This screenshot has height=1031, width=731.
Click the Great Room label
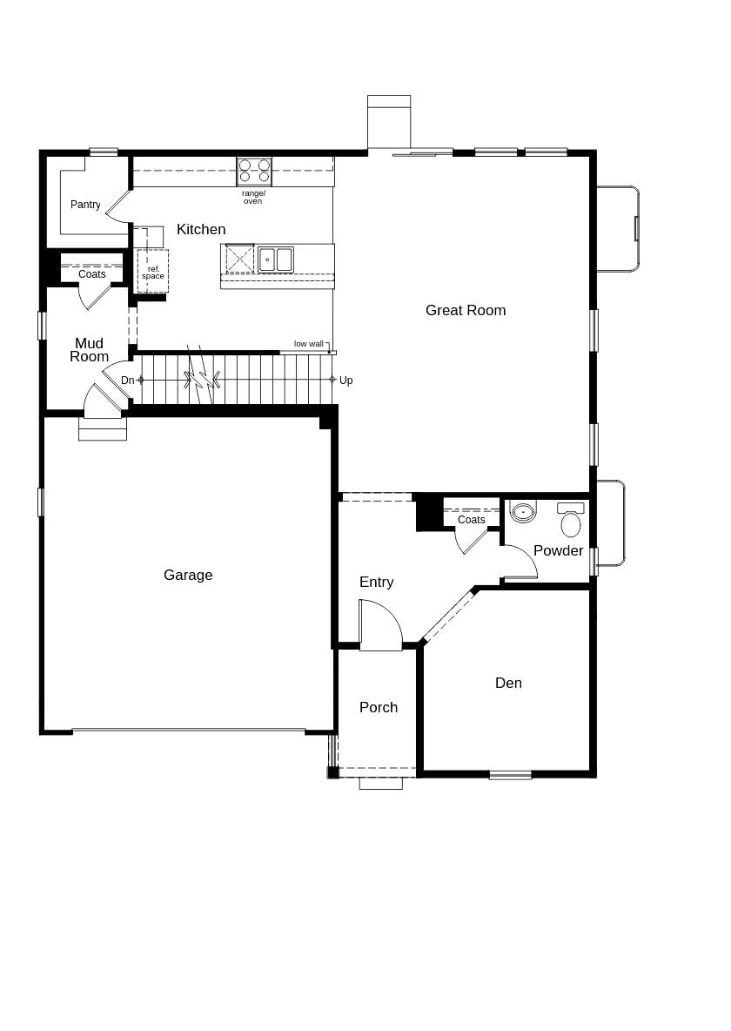point(465,310)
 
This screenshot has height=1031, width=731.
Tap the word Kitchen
point(201,229)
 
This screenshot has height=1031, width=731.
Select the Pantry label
point(85,205)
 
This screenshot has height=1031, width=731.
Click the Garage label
point(188,575)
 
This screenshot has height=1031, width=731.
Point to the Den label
point(508,683)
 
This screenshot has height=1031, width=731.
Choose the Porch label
point(379,707)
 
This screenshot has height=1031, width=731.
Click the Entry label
point(376,582)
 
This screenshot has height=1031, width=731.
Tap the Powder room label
point(558,550)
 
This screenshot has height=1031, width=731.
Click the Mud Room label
point(89,349)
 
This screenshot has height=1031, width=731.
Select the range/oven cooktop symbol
point(254,171)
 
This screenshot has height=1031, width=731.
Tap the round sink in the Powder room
point(523,512)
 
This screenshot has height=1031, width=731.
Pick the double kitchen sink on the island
point(275,259)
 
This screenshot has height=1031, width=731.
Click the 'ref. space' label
point(153,273)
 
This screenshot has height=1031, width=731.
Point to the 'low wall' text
point(308,344)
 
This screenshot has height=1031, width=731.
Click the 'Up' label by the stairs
point(345,381)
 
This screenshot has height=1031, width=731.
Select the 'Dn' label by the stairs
point(128,381)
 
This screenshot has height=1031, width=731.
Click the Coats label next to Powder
point(471,520)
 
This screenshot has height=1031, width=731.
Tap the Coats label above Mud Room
point(91,274)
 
